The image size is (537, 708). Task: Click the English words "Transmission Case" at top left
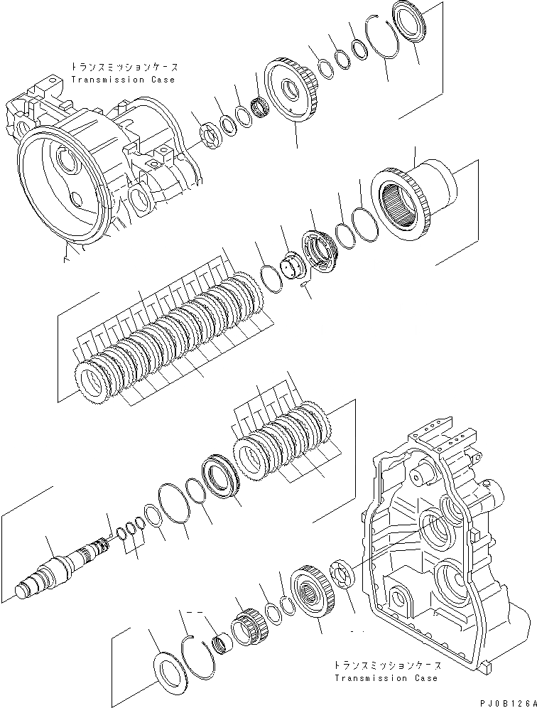coord(122,80)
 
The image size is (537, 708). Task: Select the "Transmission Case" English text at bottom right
coord(386,678)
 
